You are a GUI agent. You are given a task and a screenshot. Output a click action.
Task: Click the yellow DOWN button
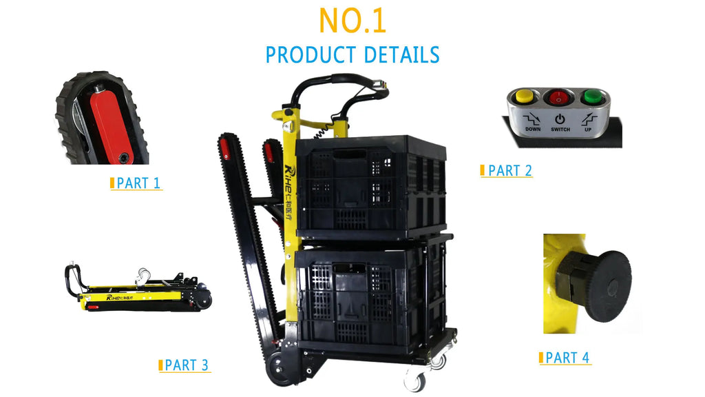pyautogui.click(x=524, y=96)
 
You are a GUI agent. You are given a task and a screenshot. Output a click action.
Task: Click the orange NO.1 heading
pyautogui.click(x=352, y=21)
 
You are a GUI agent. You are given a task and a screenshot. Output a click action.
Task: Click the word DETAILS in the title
pyautogui.click(x=401, y=55)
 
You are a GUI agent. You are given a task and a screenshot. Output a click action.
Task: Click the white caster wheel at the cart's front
pyautogui.click(x=415, y=380)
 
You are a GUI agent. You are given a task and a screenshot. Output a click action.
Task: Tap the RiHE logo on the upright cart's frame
pyautogui.click(x=290, y=193)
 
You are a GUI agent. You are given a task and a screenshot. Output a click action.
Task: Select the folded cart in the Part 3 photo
pyautogui.click(x=138, y=289)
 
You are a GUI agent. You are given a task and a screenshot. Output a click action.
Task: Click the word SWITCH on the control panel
pyautogui.click(x=560, y=130)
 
